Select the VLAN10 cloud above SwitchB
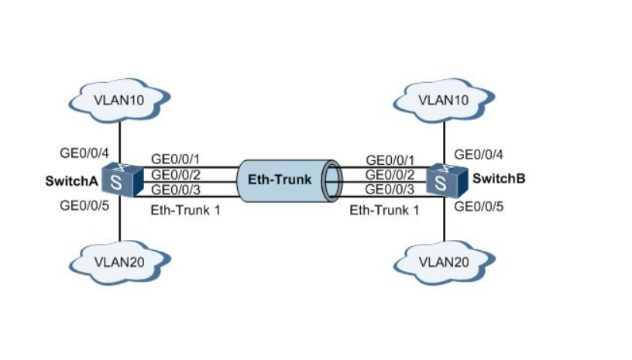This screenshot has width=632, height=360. pos(444,99)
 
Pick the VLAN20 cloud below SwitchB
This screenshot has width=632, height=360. pos(444,261)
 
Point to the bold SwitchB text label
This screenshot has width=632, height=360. pos(499,179)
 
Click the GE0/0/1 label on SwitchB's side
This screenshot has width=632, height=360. pos(390,159)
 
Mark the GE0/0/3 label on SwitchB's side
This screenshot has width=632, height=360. pos(390,190)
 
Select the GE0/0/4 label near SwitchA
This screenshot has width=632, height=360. pos(84,153)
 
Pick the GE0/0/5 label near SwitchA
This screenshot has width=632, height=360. pos(84,206)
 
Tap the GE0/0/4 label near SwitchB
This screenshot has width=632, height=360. pos(479,153)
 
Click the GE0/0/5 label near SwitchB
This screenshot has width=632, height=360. pos(479,206)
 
